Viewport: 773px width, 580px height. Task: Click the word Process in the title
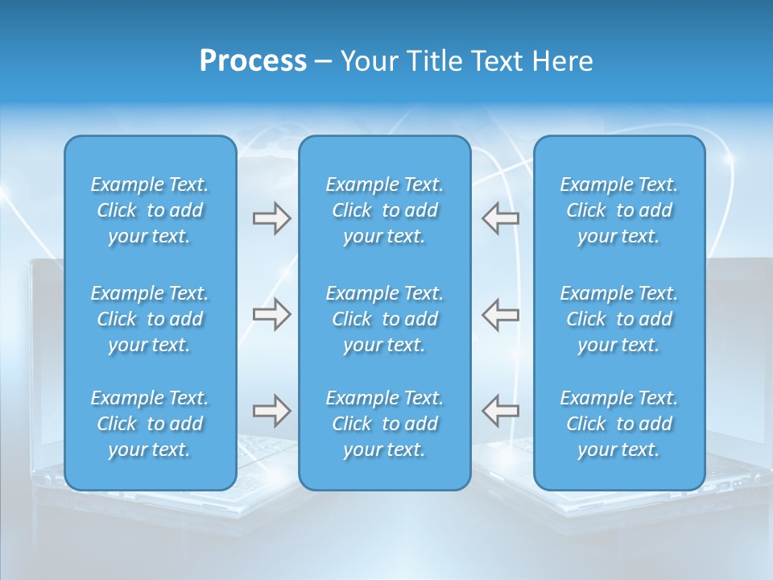click(253, 61)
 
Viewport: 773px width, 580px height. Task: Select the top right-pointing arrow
click(271, 218)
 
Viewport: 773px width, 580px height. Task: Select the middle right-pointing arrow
click(271, 314)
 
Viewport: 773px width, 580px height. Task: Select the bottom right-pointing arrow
click(271, 411)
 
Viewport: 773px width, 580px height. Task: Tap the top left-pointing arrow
click(500, 218)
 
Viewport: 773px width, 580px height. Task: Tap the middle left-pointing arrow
click(500, 314)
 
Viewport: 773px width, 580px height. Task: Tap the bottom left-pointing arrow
click(500, 411)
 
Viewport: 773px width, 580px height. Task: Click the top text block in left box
click(150, 210)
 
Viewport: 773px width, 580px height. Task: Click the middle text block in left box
click(150, 319)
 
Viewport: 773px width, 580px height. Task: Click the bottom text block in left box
click(150, 424)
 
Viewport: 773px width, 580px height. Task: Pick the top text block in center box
click(384, 210)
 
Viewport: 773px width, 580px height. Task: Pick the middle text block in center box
click(384, 319)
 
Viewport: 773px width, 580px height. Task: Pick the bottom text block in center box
click(384, 424)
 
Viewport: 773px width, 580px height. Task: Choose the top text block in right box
click(618, 210)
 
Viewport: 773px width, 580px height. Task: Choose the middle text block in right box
click(618, 319)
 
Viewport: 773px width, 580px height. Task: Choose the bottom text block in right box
click(618, 424)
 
